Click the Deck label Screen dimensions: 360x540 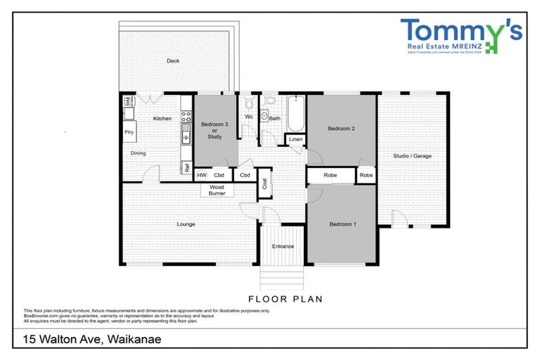(172, 61)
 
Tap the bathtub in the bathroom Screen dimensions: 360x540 (295, 113)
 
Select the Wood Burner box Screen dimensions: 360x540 (217, 190)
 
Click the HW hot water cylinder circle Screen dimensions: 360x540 (201, 175)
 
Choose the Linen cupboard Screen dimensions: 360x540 (296, 140)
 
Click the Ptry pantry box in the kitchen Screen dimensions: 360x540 (129, 132)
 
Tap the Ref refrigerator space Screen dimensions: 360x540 (186, 168)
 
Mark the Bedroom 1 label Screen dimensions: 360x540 (342, 224)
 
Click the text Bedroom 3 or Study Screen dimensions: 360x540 (214, 130)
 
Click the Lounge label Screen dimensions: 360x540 (186, 224)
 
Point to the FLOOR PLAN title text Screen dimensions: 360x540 (285, 299)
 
